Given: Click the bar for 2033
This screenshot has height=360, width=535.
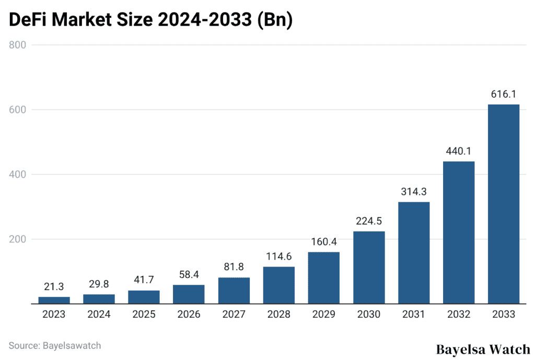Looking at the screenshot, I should [x=504, y=204].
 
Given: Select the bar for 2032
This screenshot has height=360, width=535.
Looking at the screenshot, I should [x=459, y=233].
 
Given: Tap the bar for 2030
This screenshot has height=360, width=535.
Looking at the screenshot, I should [x=369, y=268].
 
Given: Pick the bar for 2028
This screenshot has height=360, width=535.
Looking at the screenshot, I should [x=279, y=285].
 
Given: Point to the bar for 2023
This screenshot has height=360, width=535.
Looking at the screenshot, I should [x=54, y=300].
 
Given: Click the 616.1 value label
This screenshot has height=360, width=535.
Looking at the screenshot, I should [x=504, y=94].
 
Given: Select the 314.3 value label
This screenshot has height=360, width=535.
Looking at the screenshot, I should [x=414, y=191].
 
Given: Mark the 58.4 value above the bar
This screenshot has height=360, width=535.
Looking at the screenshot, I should [x=189, y=274].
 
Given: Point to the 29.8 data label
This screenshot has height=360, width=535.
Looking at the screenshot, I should [x=99, y=284].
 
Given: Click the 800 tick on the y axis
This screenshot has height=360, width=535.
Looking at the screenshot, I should [x=18, y=45].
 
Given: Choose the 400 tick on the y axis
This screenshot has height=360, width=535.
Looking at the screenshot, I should [x=18, y=175].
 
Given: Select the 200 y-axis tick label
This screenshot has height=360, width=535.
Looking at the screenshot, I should [x=18, y=239].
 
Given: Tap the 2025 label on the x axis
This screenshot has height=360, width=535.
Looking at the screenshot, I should [x=144, y=315].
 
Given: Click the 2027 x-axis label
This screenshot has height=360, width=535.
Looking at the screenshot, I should [x=234, y=315].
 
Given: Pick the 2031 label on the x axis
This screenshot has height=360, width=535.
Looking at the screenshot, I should [x=414, y=315].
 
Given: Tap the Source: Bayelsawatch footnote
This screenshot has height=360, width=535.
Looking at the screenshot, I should [x=55, y=345].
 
